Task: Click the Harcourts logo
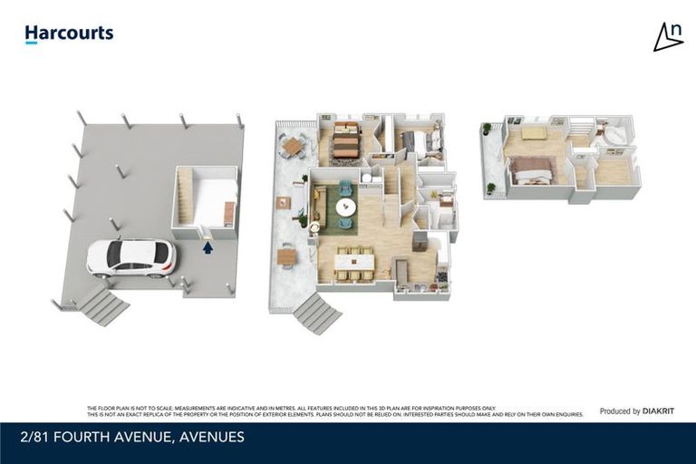(69, 34)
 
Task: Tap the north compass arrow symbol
(668, 36)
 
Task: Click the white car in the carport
(132, 257)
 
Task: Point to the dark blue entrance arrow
(208, 246)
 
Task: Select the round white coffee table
(346, 207)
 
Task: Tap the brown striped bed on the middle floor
(346, 140)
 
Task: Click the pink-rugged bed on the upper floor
(532, 169)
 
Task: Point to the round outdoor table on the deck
(292, 145)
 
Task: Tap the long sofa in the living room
(319, 206)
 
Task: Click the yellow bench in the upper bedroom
(533, 133)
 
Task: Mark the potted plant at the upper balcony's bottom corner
(491, 188)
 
